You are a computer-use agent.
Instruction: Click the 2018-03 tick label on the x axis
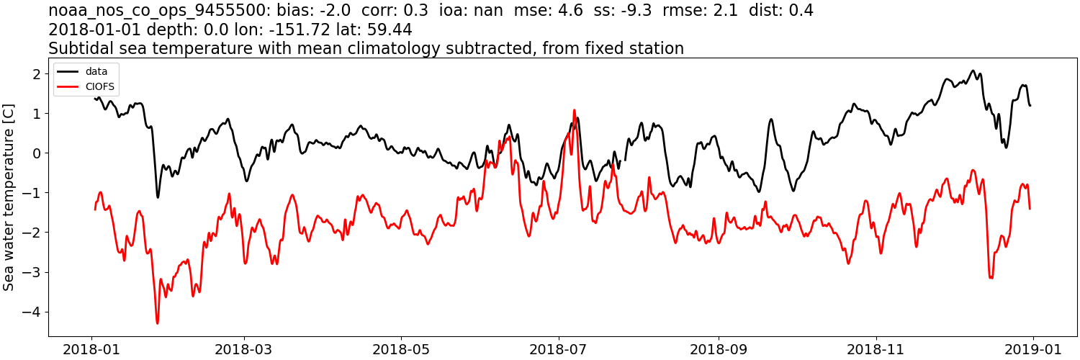[x=244, y=349]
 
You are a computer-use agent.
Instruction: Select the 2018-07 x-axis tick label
[x=558, y=349]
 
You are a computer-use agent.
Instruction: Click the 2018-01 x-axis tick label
[x=91, y=349]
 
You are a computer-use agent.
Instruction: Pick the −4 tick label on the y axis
[x=32, y=312]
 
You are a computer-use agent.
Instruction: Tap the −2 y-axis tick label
[x=32, y=233]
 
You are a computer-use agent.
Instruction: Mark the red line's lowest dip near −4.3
[x=157, y=323]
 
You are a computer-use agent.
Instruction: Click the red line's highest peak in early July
[x=574, y=110]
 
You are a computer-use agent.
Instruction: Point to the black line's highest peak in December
[x=973, y=71]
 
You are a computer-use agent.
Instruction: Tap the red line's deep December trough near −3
[x=991, y=277]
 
